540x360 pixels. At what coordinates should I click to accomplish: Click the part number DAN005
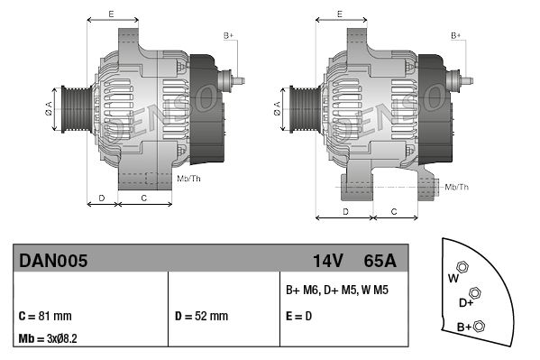pyautogui.click(x=53, y=261)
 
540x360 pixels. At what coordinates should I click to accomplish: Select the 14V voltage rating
pyautogui.click(x=327, y=261)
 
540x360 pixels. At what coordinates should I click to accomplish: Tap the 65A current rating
pyautogui.click(x=380, y=261)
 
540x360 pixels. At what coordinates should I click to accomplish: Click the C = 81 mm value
pyautogui.click(x=45, y=316)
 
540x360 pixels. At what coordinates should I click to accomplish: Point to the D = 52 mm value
pyautogui.click(x=201, y=316)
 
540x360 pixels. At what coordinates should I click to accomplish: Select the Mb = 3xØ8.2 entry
pyautogui.click(x=48, y=338)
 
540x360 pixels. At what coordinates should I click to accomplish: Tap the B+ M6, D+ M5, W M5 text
pyautogui.click(x=337, y=290)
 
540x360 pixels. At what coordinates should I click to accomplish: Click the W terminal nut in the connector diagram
pyautogui.click(x=462, y=267)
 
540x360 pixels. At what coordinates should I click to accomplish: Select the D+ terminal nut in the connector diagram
pyautogui.click(x=475, y=293)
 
